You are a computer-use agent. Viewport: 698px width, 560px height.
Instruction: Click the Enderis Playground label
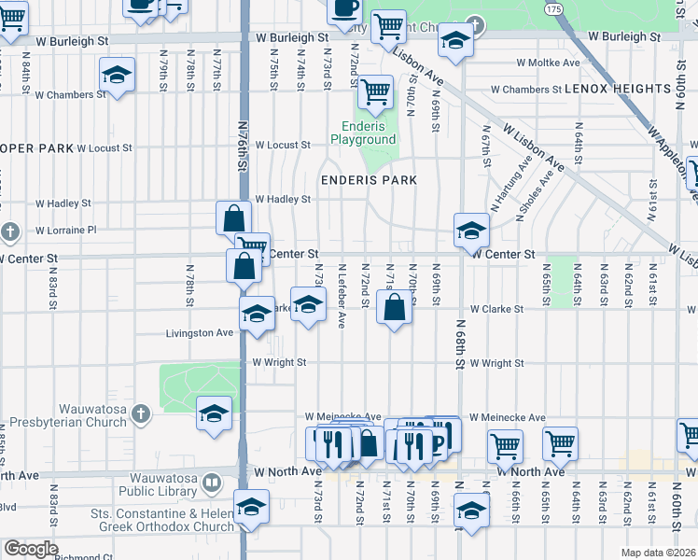[363, 133]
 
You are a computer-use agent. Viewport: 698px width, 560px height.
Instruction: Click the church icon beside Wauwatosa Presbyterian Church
[141, 413]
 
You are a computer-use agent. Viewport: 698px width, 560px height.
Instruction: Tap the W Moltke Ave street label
[548, 63]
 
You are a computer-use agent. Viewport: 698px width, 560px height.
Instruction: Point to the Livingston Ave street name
[199, 333]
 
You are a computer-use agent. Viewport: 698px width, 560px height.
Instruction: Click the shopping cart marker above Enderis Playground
[375, 91]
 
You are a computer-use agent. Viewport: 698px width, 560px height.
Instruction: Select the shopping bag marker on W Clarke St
[394, 307]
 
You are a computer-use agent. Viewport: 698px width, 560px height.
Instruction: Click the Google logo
[31, 549]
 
